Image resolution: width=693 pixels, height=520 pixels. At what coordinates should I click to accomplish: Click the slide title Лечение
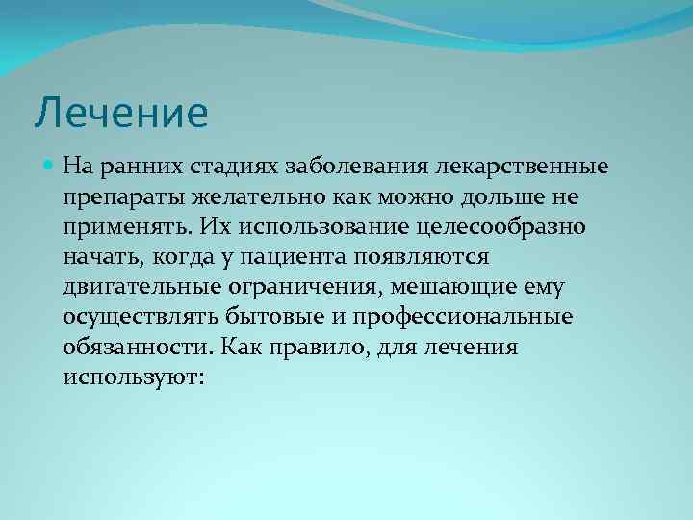(x=121, y=114)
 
